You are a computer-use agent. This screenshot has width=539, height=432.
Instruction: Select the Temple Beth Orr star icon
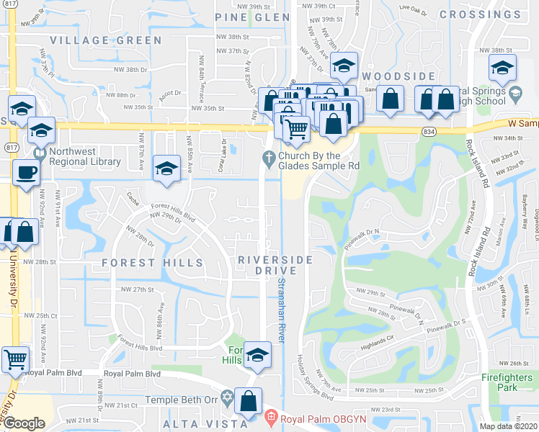(x=227, y=397)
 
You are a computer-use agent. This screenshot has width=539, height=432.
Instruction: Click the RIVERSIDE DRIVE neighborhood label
(x=275, y=264)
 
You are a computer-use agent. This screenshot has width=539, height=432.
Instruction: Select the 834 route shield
(x=429, y=131)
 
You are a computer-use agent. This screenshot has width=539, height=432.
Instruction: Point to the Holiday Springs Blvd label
(x=314, y=379)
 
